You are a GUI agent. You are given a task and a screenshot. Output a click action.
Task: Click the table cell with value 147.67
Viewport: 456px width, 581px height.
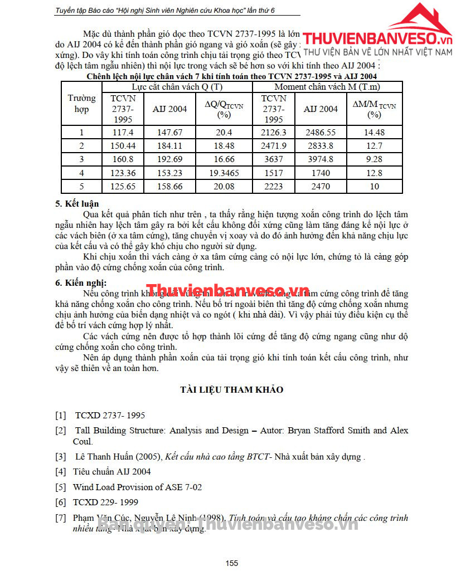(169, 133)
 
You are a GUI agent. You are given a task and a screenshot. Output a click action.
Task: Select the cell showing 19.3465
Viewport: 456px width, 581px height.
(224, 173)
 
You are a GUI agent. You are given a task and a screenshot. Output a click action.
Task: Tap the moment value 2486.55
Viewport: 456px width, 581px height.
(320, 133)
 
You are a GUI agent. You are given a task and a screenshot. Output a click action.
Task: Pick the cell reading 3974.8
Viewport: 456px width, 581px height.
(320, 159)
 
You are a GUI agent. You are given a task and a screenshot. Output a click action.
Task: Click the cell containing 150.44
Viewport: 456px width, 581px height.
(123, 146)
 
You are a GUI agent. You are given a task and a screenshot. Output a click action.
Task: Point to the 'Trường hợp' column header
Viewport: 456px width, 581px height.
(81, 104)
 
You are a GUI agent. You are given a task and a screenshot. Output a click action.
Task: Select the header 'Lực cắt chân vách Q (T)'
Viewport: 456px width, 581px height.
(177, 87)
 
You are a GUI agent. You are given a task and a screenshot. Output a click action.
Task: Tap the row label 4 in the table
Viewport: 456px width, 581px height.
(81, 173)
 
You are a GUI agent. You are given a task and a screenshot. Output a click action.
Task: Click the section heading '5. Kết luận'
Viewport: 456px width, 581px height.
(77, 203)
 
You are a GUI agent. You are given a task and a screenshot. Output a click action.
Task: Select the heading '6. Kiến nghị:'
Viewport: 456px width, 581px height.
(81, 282)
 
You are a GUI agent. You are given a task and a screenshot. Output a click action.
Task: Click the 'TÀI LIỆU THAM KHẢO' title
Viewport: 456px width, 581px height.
(231, 389)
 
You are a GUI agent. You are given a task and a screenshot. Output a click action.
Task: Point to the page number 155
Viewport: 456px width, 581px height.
(232, 563)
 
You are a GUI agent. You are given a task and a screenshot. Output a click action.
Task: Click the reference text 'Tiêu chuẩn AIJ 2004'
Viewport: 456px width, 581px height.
(112, 472)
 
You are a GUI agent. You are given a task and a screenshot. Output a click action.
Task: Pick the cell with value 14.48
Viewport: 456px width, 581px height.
(374, 133)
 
